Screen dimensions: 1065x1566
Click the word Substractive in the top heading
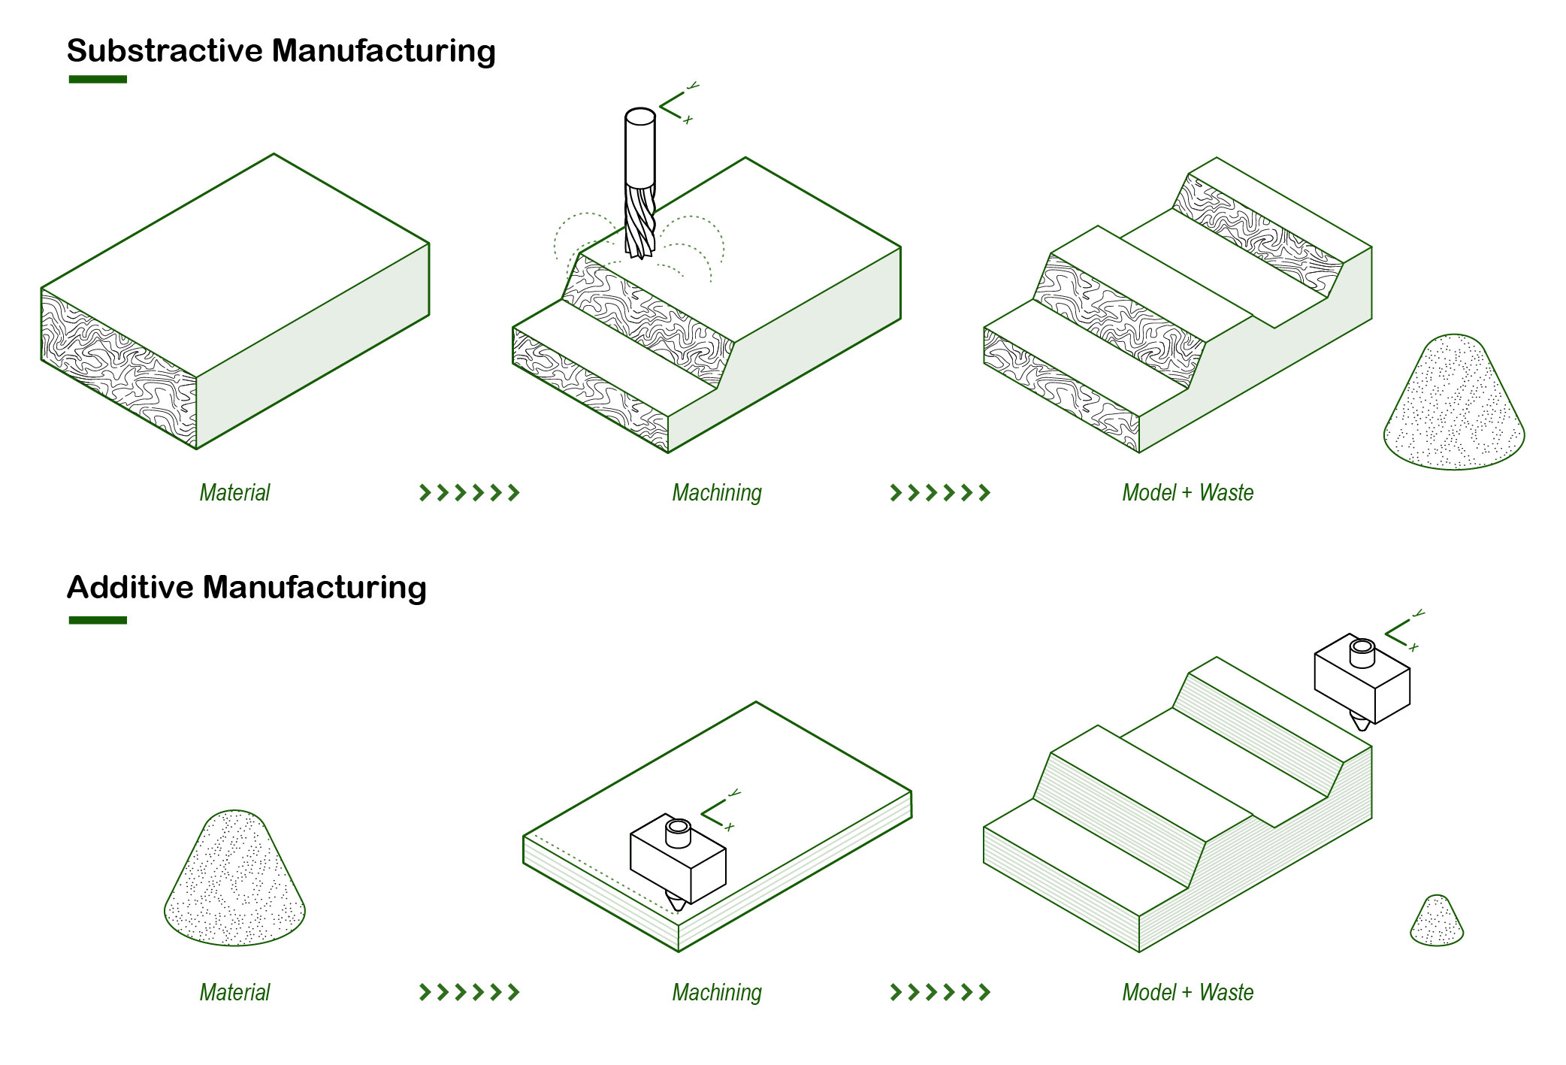coord(165,51)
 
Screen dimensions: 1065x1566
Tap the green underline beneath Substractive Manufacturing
coord(98,79)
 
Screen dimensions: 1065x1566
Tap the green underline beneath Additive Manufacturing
coord(98,620)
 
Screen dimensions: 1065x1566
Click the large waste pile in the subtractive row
coord(1453,406)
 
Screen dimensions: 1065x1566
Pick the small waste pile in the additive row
coord(1437,922)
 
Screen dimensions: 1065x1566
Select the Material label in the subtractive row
coord(234,493)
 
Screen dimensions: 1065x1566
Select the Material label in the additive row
coord(234,993)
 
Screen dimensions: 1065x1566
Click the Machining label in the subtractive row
coord(717,493)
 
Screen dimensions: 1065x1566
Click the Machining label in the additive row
coord(717,993)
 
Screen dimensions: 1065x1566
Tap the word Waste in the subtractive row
coord(1226,493)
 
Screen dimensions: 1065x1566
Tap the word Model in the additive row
coord(1148,993)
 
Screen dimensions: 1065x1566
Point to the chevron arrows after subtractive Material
coord(469,493)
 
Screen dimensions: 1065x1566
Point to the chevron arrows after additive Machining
coord(939,993)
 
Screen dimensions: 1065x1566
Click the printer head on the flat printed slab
coord(678,861)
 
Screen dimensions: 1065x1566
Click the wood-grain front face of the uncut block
coord(119,368)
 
